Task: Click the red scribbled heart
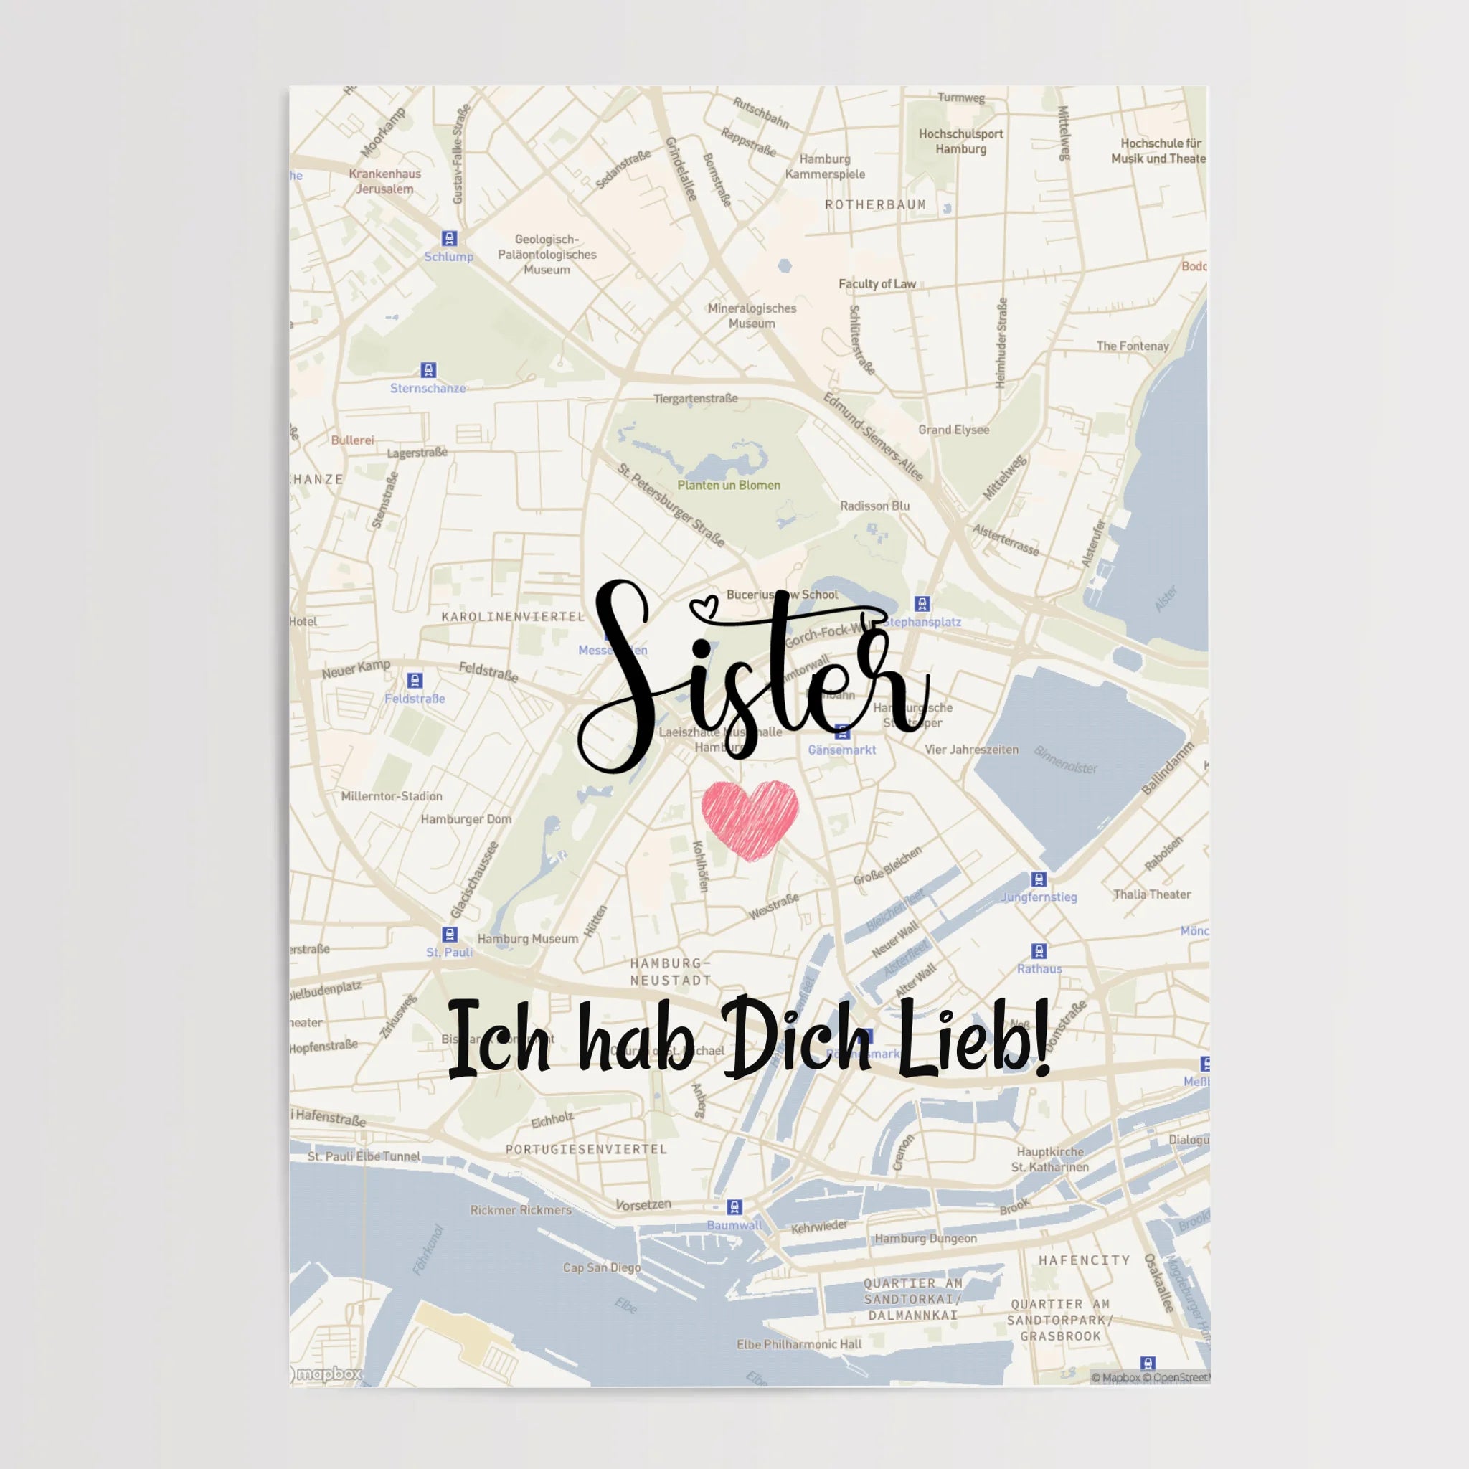click(x=750, y=818)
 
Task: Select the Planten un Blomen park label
click(x=729, y=485)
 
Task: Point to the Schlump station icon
click(x=449, y=239)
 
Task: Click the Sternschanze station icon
click(x=429, y=370)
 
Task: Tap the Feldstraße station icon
click(x=415, y=680)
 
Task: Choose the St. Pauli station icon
click(x=449, y=934)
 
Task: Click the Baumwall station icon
click(x=734, y=1206)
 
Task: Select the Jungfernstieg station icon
click(x=1039, y=879)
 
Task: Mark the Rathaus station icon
click(x=1039, y=950)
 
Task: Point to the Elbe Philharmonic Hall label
click(x=799, y=1344)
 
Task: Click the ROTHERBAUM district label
click(x=875, y=204)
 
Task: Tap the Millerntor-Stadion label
click(x=392, y=796)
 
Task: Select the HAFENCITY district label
click(x=1085, y=1260)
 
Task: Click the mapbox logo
click(x=327, y=1374)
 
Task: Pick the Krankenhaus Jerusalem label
click(x=384, y=181)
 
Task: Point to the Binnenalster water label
click(x=1065, y=760)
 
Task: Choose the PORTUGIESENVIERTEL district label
click(x=586, y=1149)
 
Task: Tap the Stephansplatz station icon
click(x=922, y=604)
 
